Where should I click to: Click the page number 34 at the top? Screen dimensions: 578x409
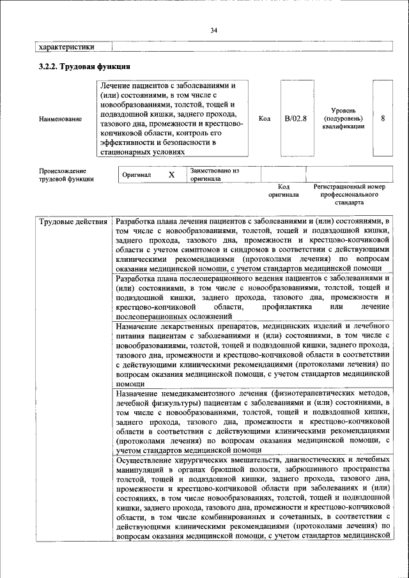point(213,30)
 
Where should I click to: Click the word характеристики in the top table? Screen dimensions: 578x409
point(67,47)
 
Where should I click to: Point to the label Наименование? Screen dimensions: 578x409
point(60,119)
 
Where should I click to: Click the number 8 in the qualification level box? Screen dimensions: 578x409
point(383,118)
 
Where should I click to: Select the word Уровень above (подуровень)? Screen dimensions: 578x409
point(343,110)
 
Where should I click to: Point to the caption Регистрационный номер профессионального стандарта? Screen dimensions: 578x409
point(350,194)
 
